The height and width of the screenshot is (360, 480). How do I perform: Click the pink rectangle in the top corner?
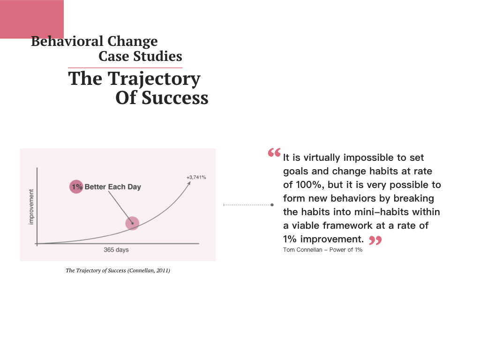pos(32,19)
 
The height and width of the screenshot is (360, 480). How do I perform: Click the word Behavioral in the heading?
pos(67,41)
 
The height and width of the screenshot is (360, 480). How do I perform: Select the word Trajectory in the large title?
pos(154,79)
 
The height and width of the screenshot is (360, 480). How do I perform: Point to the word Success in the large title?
pos(175,97)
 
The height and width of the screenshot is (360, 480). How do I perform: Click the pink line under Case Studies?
pos(125,67)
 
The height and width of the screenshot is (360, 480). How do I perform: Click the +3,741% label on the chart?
pos(196,177)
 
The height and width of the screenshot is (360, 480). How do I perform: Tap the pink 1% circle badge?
pos(76,187)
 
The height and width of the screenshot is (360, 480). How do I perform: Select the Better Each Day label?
pos(112,187)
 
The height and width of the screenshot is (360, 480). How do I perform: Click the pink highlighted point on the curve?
pos(132,223)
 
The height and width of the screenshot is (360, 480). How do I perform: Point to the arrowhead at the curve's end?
pos(189,183)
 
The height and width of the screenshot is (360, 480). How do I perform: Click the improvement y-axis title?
pos(31,207)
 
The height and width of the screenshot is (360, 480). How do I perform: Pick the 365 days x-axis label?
pos(116,250)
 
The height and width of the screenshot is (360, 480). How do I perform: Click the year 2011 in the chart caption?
pos(162,270)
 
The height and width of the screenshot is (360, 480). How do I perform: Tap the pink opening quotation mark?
pos(274,152)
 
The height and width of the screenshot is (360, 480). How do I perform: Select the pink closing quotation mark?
pos(375,240)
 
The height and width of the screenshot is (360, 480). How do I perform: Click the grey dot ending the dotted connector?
pos(272,205)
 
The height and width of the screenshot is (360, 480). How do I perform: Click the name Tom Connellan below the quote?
pos(302,250)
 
